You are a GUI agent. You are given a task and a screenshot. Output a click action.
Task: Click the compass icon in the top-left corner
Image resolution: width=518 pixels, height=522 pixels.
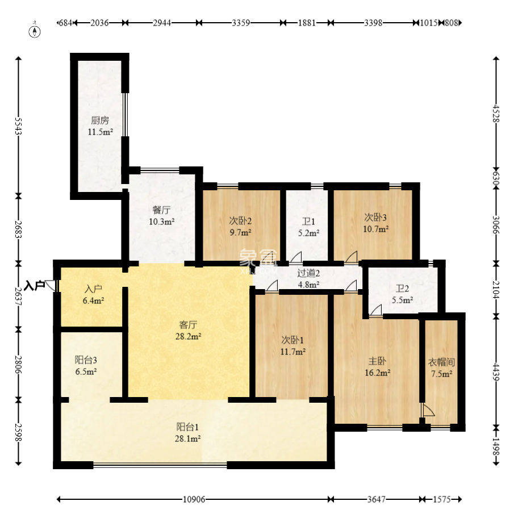pos(35,30)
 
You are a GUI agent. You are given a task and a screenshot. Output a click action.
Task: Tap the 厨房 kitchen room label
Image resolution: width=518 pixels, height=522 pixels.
pos(100,120)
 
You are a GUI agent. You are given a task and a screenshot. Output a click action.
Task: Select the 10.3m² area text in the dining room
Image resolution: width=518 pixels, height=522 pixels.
pos(162,222)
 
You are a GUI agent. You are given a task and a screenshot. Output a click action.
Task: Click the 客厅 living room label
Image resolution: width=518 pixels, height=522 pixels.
pos(188,324)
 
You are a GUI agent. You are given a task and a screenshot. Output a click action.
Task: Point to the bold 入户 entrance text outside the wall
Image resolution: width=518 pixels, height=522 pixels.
pos(35,286)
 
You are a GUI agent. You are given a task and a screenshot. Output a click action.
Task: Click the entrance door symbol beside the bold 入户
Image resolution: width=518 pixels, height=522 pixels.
pos(51,286)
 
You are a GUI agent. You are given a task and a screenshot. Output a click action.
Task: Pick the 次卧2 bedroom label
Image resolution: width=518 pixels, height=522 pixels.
pos(240,221)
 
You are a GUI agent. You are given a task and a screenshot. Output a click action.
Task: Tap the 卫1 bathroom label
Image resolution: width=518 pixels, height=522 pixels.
pos(308,222)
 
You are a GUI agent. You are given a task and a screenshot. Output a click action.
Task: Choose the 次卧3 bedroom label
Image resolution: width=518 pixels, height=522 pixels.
pos(375,218)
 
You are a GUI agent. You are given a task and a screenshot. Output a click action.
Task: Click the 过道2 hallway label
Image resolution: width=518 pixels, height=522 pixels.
pos(308,273)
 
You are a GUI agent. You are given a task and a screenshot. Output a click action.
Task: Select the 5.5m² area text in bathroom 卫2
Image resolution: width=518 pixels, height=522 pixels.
pos(402,300)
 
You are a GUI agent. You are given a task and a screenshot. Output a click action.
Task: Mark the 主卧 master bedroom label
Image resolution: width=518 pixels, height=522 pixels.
pos(377,361)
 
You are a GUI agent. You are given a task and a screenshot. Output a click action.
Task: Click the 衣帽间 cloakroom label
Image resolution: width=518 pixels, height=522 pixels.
pos(441,362)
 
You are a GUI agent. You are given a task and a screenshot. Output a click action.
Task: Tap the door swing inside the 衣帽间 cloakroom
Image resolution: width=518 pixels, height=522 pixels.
pos(428,410)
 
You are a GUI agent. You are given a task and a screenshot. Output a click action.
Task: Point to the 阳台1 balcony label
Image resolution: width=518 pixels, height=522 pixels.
pos(187,427)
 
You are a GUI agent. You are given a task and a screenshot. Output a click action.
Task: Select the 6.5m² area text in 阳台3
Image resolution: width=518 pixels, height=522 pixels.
pos(86,371)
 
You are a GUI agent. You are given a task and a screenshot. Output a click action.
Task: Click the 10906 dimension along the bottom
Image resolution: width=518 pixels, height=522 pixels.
pos(194,499)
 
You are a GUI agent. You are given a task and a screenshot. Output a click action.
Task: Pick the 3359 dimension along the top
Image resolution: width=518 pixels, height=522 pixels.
pos(241,23)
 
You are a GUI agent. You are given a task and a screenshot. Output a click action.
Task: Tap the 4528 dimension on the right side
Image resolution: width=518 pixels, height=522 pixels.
pos(496,114)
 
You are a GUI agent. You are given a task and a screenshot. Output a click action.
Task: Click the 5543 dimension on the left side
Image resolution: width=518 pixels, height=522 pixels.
pos(18,126)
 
